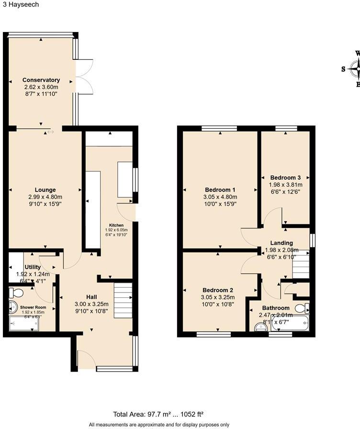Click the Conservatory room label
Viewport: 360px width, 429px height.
(41, 80)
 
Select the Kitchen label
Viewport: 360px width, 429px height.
(116, 225)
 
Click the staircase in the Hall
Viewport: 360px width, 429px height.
(123, 299)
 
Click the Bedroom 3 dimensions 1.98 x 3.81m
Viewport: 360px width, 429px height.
(286, 184)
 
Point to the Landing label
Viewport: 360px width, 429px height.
(281, 243)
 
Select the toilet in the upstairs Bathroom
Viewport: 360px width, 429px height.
(303, 307)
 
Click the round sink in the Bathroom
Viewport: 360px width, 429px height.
(260, 327)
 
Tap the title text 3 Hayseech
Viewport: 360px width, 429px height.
(20, 4)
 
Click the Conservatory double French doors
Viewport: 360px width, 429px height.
(84, 76)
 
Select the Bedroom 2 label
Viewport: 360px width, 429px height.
(218, 291)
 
